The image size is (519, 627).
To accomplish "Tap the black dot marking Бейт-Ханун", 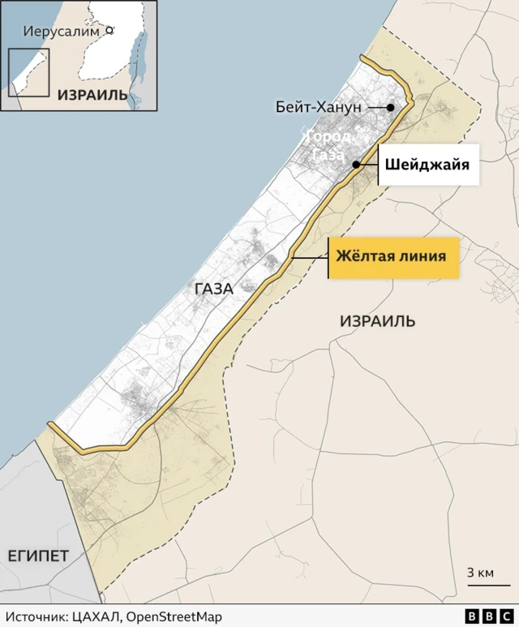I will coord(391,108).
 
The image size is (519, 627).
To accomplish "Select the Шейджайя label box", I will coord(427,165).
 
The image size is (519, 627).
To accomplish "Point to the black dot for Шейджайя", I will coord(356,165).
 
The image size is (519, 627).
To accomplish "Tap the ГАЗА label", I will coord(213,289).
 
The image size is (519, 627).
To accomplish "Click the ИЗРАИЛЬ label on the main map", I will coord(377,321).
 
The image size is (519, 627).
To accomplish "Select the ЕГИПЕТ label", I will coord(38,556).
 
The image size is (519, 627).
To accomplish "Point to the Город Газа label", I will coord(328,146).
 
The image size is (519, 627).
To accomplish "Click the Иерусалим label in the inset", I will coord(61,33).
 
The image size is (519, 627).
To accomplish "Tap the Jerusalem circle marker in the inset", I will coord(108,32).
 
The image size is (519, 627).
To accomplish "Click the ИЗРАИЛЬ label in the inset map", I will coord(92,95).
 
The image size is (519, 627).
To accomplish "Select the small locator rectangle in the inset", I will coord(28,72).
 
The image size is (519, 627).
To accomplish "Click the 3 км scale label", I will coord(480,573).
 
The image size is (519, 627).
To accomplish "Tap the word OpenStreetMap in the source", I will coord(175,617).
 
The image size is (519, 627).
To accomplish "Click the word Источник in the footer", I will coord(35,617).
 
